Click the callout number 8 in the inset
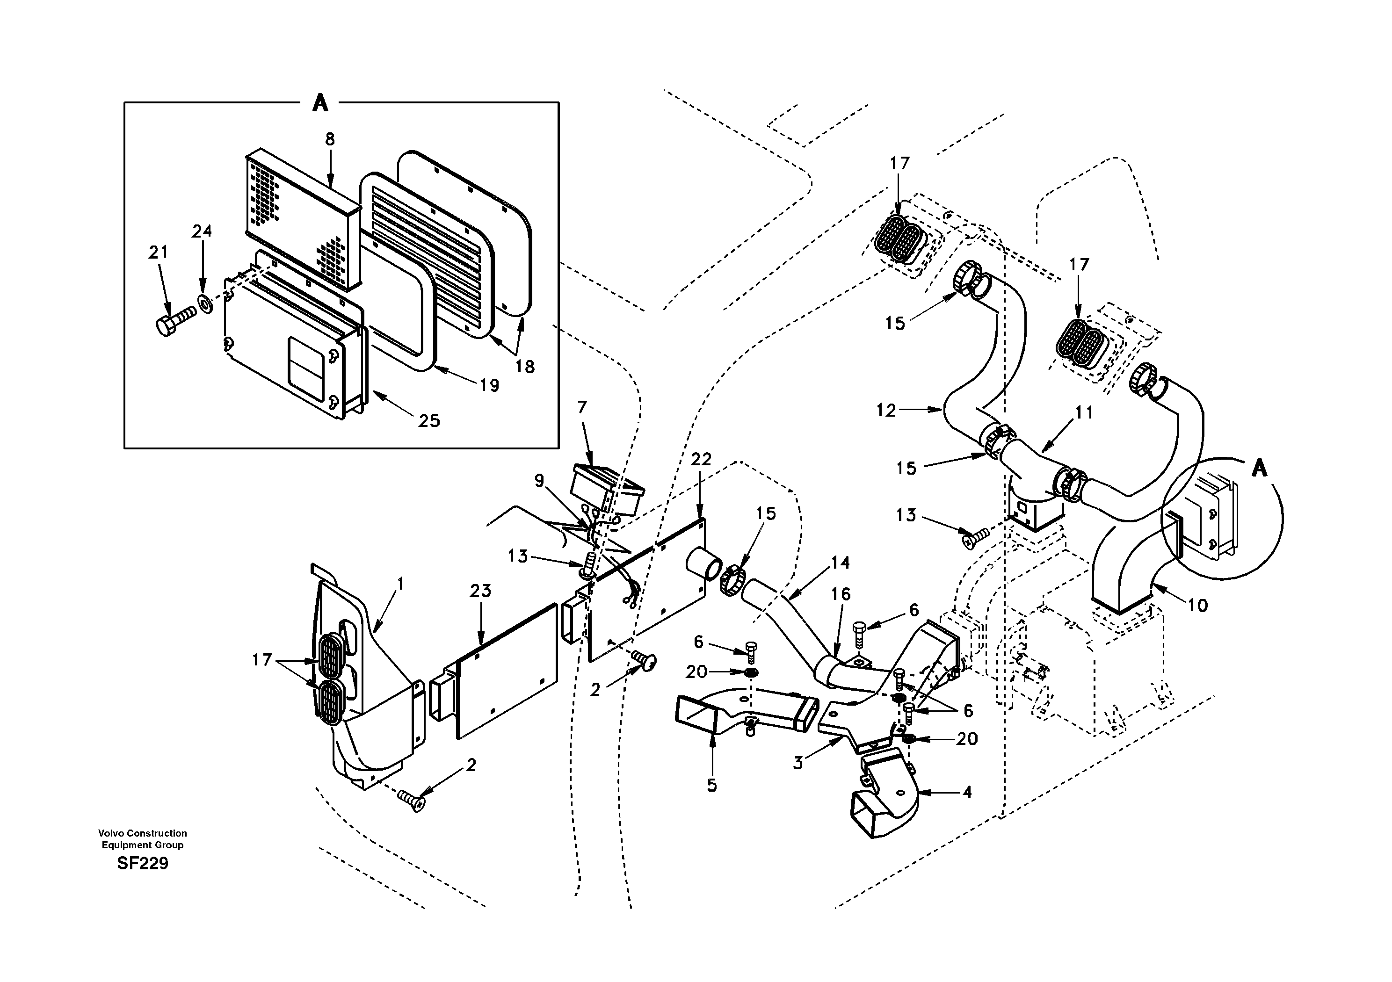click(x=330, y=139)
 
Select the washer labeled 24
click(x=205, y=303)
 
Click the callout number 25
click(x=428, y=421)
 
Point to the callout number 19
click(x=489, y=385)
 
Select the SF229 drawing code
click(x=143, y=863)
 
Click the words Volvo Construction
click(x=143, y=833)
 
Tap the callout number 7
click(x=582, y=407)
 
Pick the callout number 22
click(x=701, y=460)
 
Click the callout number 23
click(x=480, y=591)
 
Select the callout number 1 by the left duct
click(x=400, y=583)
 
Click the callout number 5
click(x=712, y=786)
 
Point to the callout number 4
click(x=967, y=792)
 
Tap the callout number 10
click(x=1197, y=605)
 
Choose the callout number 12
click(x=886, y=411)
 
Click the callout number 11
click(x=1083, y=413)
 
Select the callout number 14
click(x=840, y=563)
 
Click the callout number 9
click(x=539, y=481)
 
